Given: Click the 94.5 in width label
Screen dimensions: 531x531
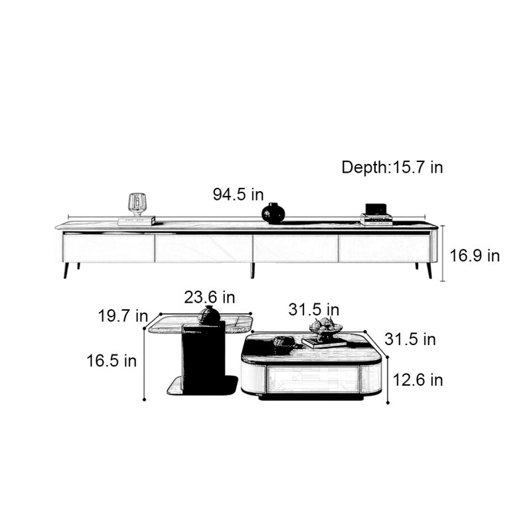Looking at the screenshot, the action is pos(238,194).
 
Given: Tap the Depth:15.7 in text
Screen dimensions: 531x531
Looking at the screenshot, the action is pos(392,167).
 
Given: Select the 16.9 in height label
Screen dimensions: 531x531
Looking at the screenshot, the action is pos(475,256).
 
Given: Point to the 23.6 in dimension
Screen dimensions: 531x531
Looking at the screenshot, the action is pos(210,297).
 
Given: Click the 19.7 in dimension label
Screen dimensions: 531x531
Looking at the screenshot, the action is pos(123,316).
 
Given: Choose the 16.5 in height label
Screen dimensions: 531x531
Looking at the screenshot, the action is pos(112,360).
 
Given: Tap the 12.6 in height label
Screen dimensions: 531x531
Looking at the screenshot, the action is pos(417,380).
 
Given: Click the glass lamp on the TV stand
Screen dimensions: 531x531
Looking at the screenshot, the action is pos(137,204).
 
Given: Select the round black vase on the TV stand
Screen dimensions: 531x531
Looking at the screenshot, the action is pos(273,213).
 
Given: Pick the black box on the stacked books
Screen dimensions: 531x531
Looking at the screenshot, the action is pos(376,208).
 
